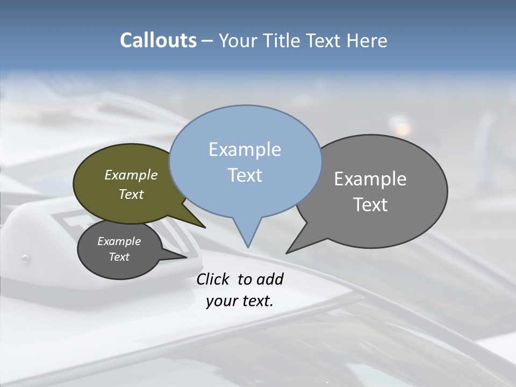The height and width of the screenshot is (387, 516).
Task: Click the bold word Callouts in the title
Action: tap(158, 40)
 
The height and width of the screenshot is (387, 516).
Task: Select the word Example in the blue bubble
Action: tap(245, 149)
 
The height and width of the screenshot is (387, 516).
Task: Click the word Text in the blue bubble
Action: tap(245, 175)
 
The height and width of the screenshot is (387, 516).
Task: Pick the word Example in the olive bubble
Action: tap(131, 175)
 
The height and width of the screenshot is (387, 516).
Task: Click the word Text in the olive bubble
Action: tap(131, 194)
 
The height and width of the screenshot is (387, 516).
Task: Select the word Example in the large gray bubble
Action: tap(370, 179)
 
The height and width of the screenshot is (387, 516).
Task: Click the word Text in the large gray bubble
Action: tap(370, 205)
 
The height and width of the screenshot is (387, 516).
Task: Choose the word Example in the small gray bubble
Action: tap(119, 241)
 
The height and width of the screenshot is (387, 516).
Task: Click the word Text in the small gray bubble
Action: tap(119, 257)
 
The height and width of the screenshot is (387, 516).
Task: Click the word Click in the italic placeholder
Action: tap(214, 279)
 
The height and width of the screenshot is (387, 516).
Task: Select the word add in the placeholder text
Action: tap(270, 279)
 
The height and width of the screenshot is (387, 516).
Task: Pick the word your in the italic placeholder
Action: tap(221, 301)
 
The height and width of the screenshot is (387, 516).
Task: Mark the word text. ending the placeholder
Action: tap(256, 301)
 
